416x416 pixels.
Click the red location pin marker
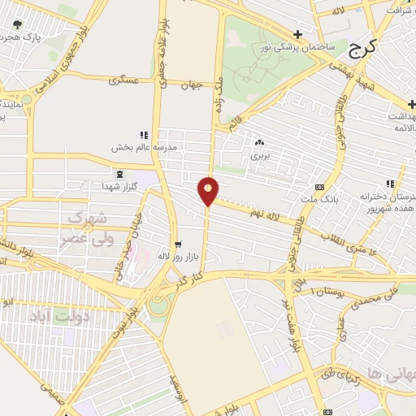(x=209, y=190)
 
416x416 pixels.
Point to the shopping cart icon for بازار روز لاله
(x=179, y=244)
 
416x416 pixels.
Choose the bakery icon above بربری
(x=259, y=142)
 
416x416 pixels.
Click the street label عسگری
(x=130, y=81)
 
